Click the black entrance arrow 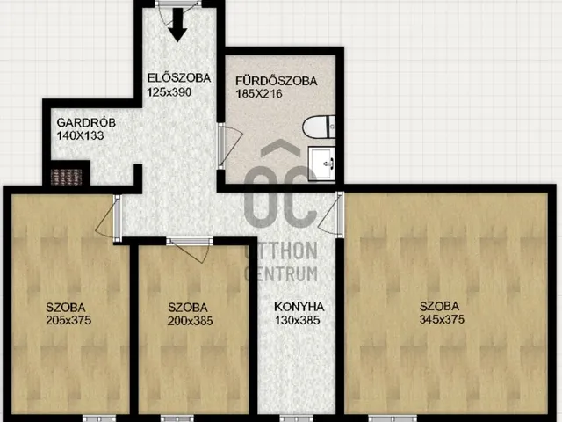coord(177,25)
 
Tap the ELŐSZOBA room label coord(179,78)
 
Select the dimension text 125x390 coord(169,92)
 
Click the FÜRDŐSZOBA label coord(277,81)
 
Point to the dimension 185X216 coord(259,94)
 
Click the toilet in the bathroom coord(319,127)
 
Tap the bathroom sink coord(322,164)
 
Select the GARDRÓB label coord(86,122)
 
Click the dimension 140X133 coord(80,135)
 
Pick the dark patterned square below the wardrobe coord(67,177)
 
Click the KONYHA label coord(299,307)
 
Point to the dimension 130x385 coord(297,320)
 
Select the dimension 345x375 coord(442,319)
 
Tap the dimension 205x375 coord(68,320)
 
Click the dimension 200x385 coord(190,321)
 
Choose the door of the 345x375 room coord(331,215)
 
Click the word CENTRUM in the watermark coord(281,273)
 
